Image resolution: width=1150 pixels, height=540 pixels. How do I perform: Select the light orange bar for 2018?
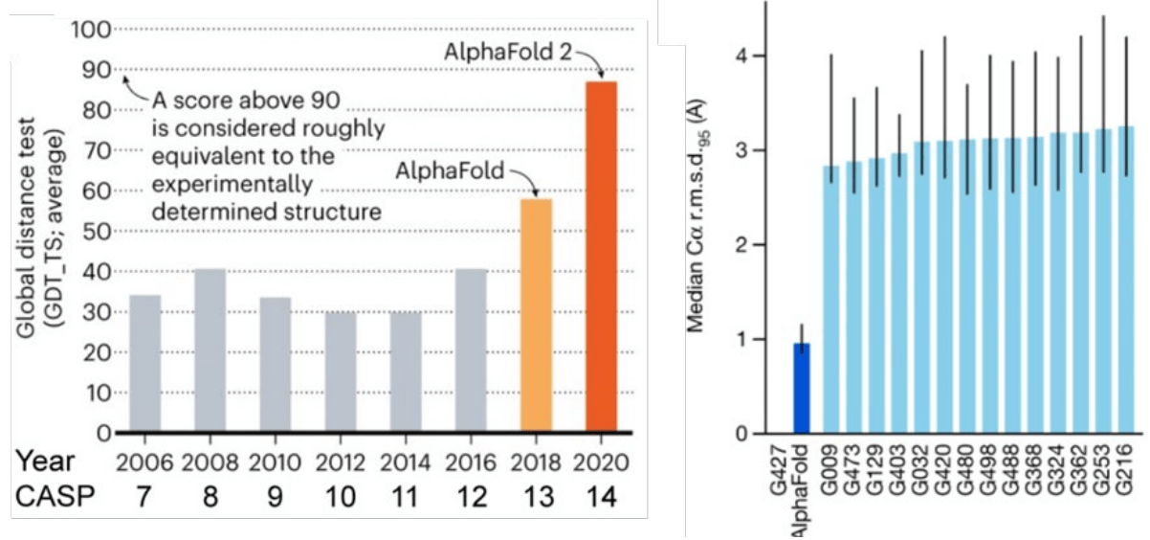tap(536, 315)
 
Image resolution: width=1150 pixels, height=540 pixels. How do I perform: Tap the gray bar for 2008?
tap(210, 350)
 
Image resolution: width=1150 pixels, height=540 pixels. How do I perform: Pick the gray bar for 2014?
tap(406, 372)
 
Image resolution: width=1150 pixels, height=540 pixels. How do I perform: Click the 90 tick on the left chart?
tap(96, 70)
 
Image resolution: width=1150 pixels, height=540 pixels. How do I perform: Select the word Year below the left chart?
tap(45, 461)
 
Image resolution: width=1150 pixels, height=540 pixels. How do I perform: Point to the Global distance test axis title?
tap(38, 231)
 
